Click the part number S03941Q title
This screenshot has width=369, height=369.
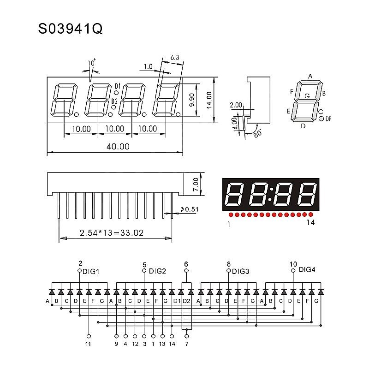pos(71,29)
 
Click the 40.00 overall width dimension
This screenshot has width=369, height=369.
pos(118,147)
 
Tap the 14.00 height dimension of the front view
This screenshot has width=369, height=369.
pos(209,100)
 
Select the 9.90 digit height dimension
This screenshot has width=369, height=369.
pos(192,100)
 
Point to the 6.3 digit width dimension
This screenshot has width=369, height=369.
pos(175,57)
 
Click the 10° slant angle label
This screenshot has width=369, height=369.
pos(92,63)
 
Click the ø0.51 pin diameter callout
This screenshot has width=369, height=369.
pos(189,209)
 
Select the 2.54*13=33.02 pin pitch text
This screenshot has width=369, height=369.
pos(111,233)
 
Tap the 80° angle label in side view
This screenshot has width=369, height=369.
pos(257,134)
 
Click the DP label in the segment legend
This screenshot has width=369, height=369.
pos(328,119)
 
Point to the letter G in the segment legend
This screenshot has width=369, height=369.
pos(307,96)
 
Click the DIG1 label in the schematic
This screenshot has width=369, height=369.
pos(91,272)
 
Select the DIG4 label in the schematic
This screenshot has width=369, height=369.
pos(307,270)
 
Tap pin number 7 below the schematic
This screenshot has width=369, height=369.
pos(187,344)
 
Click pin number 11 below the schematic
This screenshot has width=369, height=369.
pos(88,344)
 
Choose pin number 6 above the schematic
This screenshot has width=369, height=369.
pos(186,264)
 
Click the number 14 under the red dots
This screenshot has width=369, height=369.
pos(310,222)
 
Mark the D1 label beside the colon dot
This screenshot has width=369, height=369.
pos(118,86)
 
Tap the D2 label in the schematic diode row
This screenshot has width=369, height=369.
pos(186,301)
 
